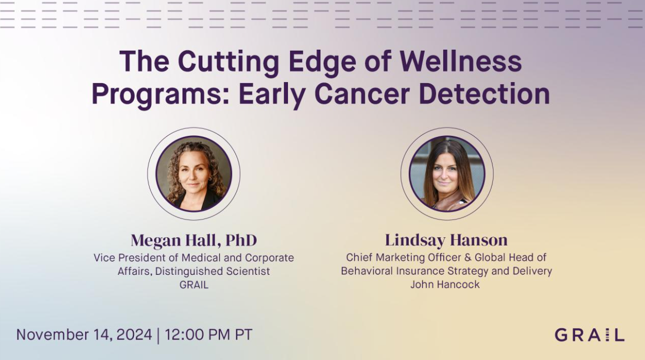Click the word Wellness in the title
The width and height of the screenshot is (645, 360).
(460, 62)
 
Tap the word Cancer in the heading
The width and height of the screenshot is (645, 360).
(362, 94)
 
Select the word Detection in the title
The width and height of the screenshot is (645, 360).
(485, 94)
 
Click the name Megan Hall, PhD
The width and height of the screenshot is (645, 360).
(194, 240)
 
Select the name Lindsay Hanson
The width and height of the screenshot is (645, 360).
(446, 240)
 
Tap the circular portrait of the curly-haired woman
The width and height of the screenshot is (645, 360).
(194, 174)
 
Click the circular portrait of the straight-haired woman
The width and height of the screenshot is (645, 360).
(447, 174)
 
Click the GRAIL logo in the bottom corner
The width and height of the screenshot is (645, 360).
(590, 335)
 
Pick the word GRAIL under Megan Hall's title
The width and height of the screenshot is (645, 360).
(194, 285)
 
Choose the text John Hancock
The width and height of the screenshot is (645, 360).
(445, 285)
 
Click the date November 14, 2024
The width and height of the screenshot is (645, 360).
(84, 335)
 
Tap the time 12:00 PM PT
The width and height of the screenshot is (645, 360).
(209, 335)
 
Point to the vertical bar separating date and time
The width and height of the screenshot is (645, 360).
(158, 335)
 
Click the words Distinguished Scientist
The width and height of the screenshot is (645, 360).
(213, 271)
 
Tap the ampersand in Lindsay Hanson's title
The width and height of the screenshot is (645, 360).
(468, 258)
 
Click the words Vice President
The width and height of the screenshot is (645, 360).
(130, 258)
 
